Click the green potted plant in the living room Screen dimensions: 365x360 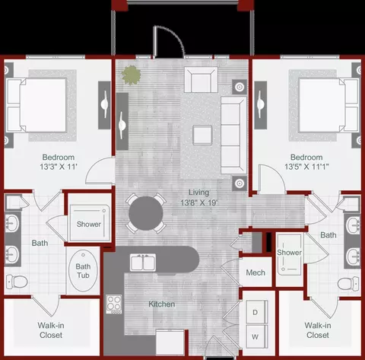click(131, 75)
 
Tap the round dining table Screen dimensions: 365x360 click(146, 213)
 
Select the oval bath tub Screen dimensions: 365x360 click(83, 270)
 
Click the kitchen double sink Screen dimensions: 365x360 click(143, 263)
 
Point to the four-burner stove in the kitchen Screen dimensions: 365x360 click(114, 304)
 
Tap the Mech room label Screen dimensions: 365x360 click(255, 272)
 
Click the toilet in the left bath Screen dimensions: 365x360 click(17, 282)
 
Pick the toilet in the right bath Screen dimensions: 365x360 click(348, 284)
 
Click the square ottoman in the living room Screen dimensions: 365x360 click(202, 135)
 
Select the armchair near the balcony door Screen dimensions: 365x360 click(201, 80)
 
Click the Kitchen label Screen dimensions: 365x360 click(162, 304)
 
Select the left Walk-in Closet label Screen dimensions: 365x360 click(51, 330)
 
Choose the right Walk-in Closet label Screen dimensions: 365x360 click(318, 330)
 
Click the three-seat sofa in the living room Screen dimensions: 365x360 click(233, 135)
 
